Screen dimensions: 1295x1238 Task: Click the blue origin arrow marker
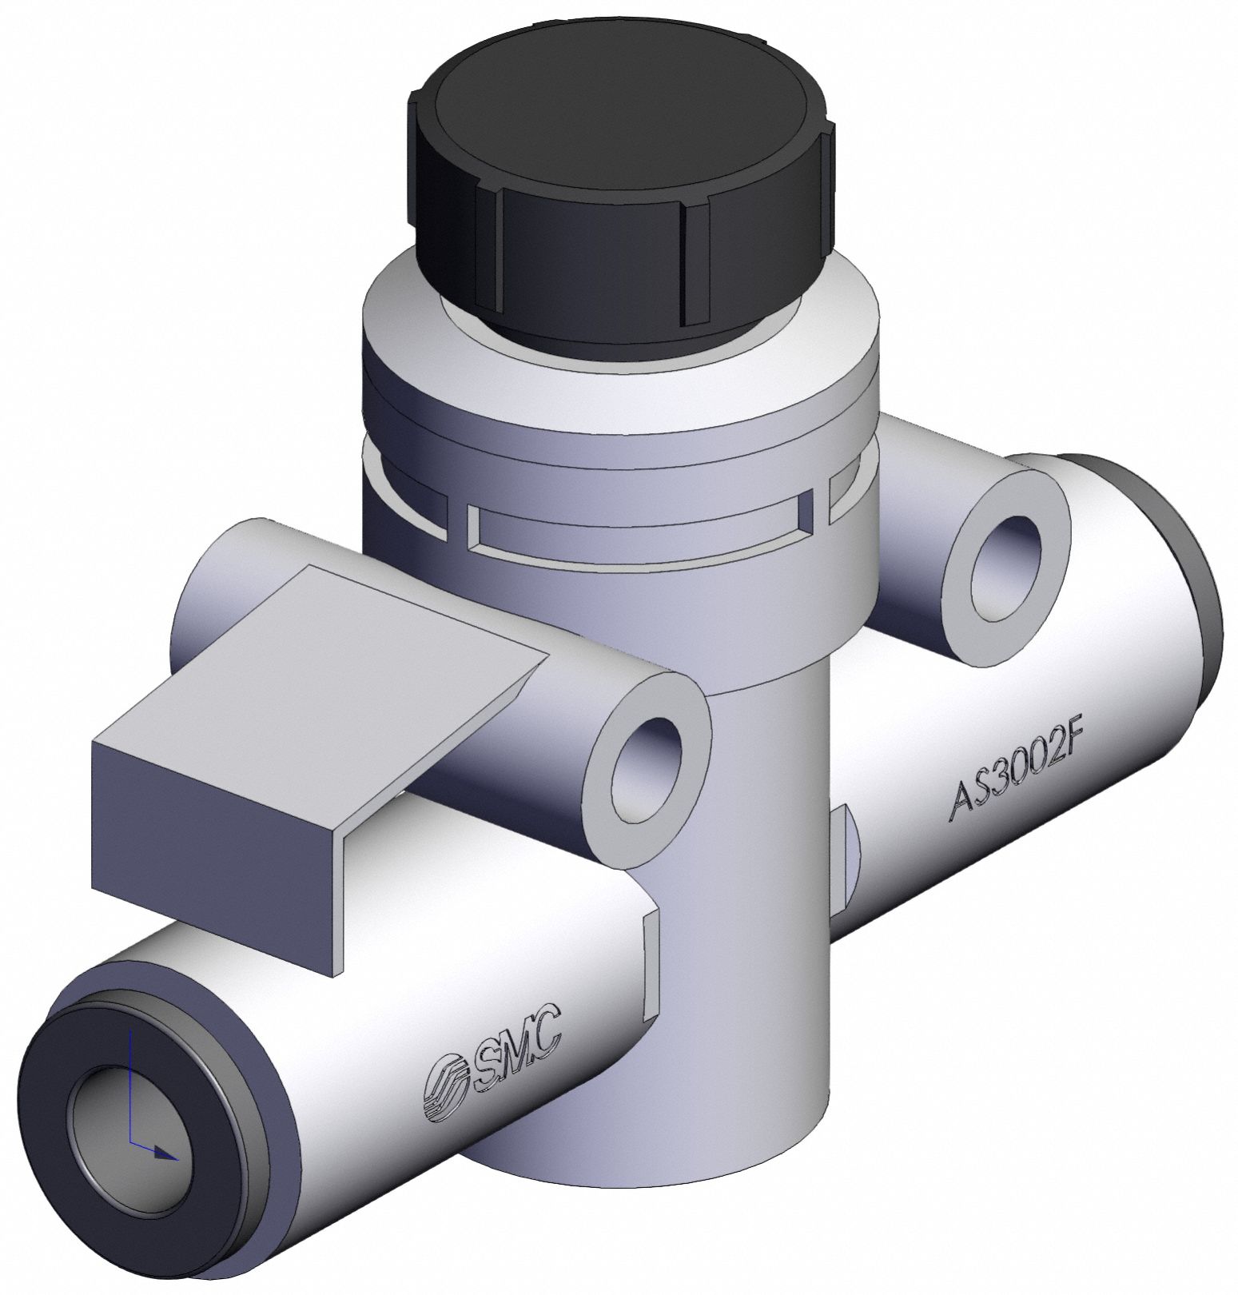[x=164, y=1154]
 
